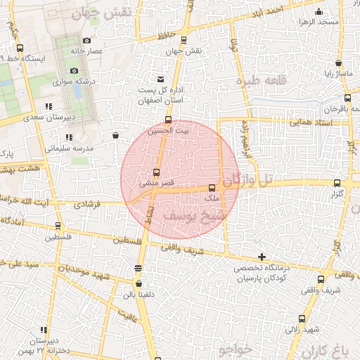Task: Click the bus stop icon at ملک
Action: pyautogui.click(x=212, y=188)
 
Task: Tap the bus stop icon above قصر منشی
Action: pyautogui.click(x=156, y=172)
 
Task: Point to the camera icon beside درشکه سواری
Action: pyautogui.click(x=74, y=70)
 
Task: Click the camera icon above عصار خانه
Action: pyautogui.click(x=86, y=41)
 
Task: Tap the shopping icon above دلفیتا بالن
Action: pyautogui.click(x=138, y=267)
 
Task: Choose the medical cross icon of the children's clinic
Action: pyautogui.click(x=262, y=257)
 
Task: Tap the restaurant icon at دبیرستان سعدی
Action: pyautogui.click(x=48, y=107)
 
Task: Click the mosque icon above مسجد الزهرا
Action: pyautogui.click(x=320, y=11)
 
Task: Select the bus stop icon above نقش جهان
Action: pyautogui.click(x=184, y=40)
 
